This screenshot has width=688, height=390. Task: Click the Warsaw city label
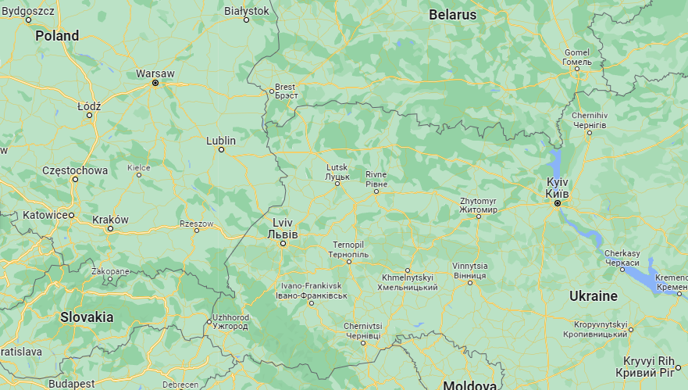[155, 73]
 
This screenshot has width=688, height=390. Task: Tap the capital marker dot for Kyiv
[558, 203]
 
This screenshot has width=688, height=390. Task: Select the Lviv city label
[283, 227]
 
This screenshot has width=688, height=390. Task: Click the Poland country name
[57, 35]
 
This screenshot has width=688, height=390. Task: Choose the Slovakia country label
[87, 317]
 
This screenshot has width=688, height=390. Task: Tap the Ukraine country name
[593, 296]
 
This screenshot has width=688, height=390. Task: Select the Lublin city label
[221, 141]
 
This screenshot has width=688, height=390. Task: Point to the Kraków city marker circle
[110, 229]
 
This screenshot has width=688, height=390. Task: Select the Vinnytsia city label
[470, 270]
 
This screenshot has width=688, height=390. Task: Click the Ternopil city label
[348, 250]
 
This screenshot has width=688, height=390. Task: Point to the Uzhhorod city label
[230, 321]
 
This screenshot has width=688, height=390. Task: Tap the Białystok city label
[246, 10]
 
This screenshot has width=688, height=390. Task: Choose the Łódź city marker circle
[89, 115]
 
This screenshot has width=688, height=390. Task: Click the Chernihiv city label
[590, 120]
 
